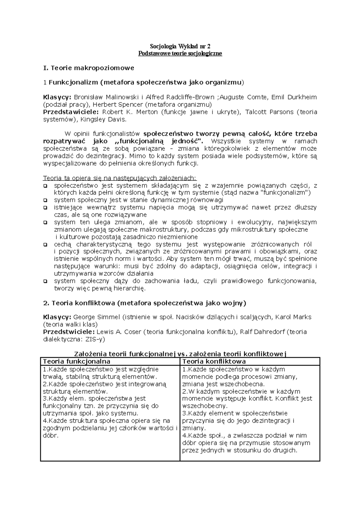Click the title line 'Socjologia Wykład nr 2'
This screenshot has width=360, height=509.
[180, 46]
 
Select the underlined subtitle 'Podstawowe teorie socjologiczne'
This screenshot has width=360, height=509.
[180, 54]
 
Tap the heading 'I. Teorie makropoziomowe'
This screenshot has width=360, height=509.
[88, 68]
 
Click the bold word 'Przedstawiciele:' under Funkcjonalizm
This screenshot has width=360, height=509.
[71, 112]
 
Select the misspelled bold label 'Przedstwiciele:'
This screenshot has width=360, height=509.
[69, 332]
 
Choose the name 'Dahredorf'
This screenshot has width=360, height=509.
[270, 332]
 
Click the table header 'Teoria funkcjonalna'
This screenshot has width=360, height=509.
[76, 362]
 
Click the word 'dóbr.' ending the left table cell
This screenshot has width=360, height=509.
[51, 436]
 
